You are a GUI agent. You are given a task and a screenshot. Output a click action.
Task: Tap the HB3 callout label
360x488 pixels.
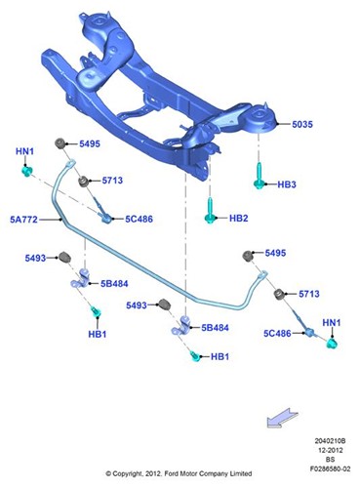click(287, 183)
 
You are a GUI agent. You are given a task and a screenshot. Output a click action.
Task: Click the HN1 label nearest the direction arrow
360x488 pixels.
click(332, 321)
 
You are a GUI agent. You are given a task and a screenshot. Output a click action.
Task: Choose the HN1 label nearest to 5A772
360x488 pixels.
click(25, 152)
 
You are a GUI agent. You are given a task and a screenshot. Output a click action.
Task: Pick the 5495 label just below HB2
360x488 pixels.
click(275, 253)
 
